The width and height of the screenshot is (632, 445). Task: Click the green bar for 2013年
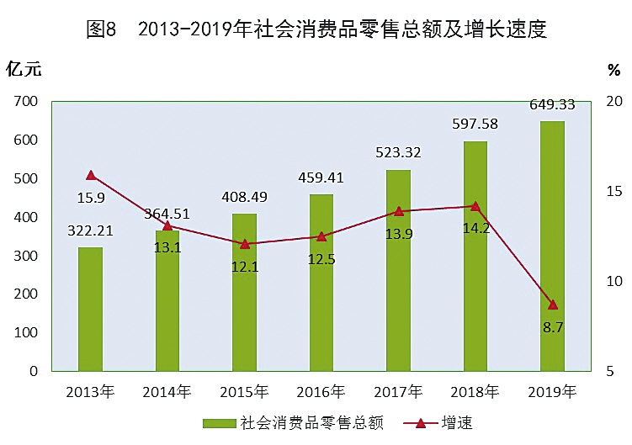click(x=90, y=309)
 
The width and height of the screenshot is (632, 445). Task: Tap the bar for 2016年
click(x=321, y=283)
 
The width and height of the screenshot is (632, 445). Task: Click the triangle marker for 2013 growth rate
click(x=91, y=175)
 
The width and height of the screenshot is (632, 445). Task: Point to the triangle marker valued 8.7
click(x=552, y=304)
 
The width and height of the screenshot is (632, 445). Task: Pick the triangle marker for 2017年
click(x=398, y=211)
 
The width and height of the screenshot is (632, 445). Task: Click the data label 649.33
click(x=552, y=105)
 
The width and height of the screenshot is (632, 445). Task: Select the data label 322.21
click(x=90, y=230)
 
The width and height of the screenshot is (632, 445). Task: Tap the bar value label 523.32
click(x=398, y=153)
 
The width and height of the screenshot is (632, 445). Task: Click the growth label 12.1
click(x=244, y=267)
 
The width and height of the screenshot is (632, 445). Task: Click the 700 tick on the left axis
click(x=26, y=102)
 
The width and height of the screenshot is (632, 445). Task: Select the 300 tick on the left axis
click(x=26, y=256)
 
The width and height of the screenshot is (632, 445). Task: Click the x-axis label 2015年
click(x=244, y=392)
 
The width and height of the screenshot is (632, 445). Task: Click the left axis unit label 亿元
click(x=24, y=67)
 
